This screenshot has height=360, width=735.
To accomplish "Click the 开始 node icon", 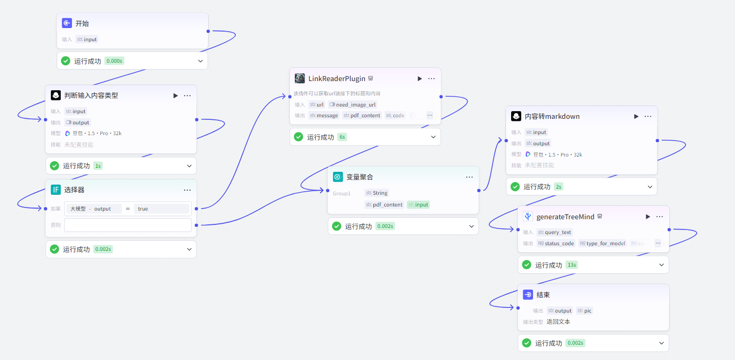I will tap(67, 23).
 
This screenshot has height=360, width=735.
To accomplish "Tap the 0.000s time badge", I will tap(114, 61).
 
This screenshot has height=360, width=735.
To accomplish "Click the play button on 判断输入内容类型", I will tap(175, 95).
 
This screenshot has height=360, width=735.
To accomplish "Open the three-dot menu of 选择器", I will tap(187, 190).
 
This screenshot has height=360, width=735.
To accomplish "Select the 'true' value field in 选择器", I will tap(162, 209).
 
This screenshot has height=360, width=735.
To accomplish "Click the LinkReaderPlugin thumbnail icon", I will tap(300, 79).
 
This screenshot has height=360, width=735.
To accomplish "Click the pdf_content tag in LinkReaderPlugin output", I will tap(362, 115).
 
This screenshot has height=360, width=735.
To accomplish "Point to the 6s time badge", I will tap(342, 137).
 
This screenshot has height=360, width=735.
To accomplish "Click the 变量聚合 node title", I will tap(360, 177).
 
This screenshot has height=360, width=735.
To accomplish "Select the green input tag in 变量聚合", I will tap(418, 204).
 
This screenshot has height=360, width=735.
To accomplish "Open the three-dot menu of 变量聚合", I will tap(469, 177).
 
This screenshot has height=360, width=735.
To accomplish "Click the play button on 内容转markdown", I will tap(636, 116).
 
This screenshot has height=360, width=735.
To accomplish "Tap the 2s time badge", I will tap(559, 187).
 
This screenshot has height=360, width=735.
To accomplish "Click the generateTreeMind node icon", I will tap(528, 216).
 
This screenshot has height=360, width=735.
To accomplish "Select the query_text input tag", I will tap(554, 232).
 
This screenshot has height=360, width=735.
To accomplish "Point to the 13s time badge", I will tap(571, 265).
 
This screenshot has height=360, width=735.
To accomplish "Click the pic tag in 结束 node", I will tap(585, 311).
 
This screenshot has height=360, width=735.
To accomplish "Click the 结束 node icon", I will tap(528, 295).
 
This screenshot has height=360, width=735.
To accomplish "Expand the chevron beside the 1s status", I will tap(189, 166).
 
